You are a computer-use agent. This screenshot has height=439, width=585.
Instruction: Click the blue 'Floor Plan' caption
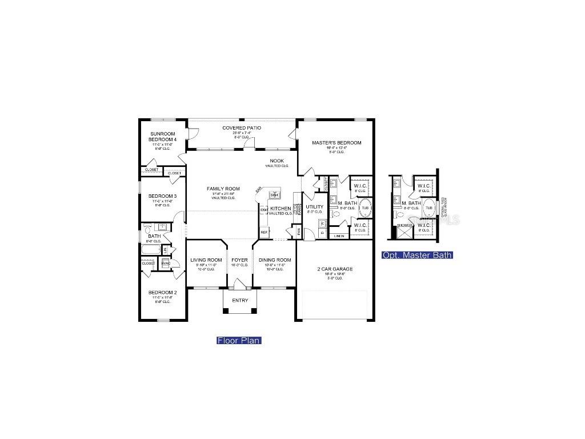pos(239,341)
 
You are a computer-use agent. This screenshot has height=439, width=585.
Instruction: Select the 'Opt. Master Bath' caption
pos(418,255)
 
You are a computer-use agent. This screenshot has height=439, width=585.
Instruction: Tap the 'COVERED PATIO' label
pos(242,128)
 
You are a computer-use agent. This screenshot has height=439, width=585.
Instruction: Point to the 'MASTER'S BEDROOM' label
pos(336,142)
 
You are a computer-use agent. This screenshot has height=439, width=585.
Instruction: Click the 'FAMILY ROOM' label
pos(223,189)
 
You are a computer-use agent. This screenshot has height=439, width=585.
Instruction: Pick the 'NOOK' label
pos(277,161)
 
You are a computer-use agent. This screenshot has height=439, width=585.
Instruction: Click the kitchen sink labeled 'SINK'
pos(274,195)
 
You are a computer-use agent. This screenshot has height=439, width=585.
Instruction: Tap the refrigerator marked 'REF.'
pos(264,232)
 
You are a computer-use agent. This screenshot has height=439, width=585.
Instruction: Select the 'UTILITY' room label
pos(314,206)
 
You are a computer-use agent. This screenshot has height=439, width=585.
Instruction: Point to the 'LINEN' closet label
pos(339,236)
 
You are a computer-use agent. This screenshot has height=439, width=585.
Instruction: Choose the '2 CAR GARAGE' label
pos(335,269)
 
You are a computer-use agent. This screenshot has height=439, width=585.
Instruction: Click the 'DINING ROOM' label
pos(275,260)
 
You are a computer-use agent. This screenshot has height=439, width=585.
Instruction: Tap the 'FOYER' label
pos(240,260)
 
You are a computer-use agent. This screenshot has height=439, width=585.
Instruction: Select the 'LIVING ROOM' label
pos(206,260)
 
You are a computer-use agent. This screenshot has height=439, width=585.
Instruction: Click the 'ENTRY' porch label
pos(240,300)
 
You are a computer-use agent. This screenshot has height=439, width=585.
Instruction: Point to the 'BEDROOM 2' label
pos(163,293)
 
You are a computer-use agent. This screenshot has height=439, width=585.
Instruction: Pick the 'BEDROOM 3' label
pos(163,196)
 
